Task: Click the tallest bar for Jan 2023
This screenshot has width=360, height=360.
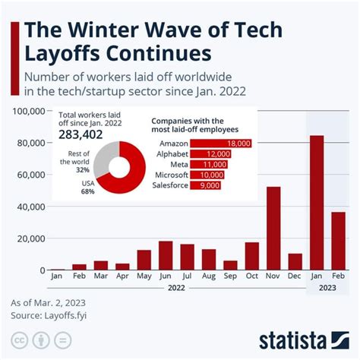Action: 317,203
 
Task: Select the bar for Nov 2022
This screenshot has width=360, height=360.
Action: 273,229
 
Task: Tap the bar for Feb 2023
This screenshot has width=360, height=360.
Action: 339,241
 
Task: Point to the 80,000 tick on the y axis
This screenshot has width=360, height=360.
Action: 32,143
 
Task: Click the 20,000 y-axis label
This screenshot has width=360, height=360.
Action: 32,238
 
